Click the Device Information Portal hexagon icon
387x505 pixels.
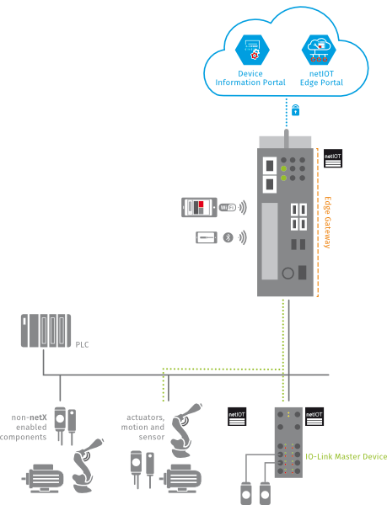252,50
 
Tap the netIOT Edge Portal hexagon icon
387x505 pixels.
319,50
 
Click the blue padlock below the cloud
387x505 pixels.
295,109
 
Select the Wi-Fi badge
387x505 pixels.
228,207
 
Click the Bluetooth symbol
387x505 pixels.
228,237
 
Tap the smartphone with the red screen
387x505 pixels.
199,207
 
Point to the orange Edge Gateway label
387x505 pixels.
327,222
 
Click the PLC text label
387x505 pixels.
82,344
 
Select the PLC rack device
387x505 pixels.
46,331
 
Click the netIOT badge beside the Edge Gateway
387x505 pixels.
333,158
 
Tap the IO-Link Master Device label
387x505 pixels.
346,456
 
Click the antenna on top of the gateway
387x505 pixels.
287,139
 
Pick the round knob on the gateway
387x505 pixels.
288,273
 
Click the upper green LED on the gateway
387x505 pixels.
283,168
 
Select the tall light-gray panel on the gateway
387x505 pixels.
270,241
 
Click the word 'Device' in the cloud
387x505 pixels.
250,73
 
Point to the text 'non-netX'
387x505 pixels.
29,417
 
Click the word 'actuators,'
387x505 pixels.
146,417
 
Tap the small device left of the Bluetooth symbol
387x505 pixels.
207,237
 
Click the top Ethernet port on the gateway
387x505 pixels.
270,166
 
